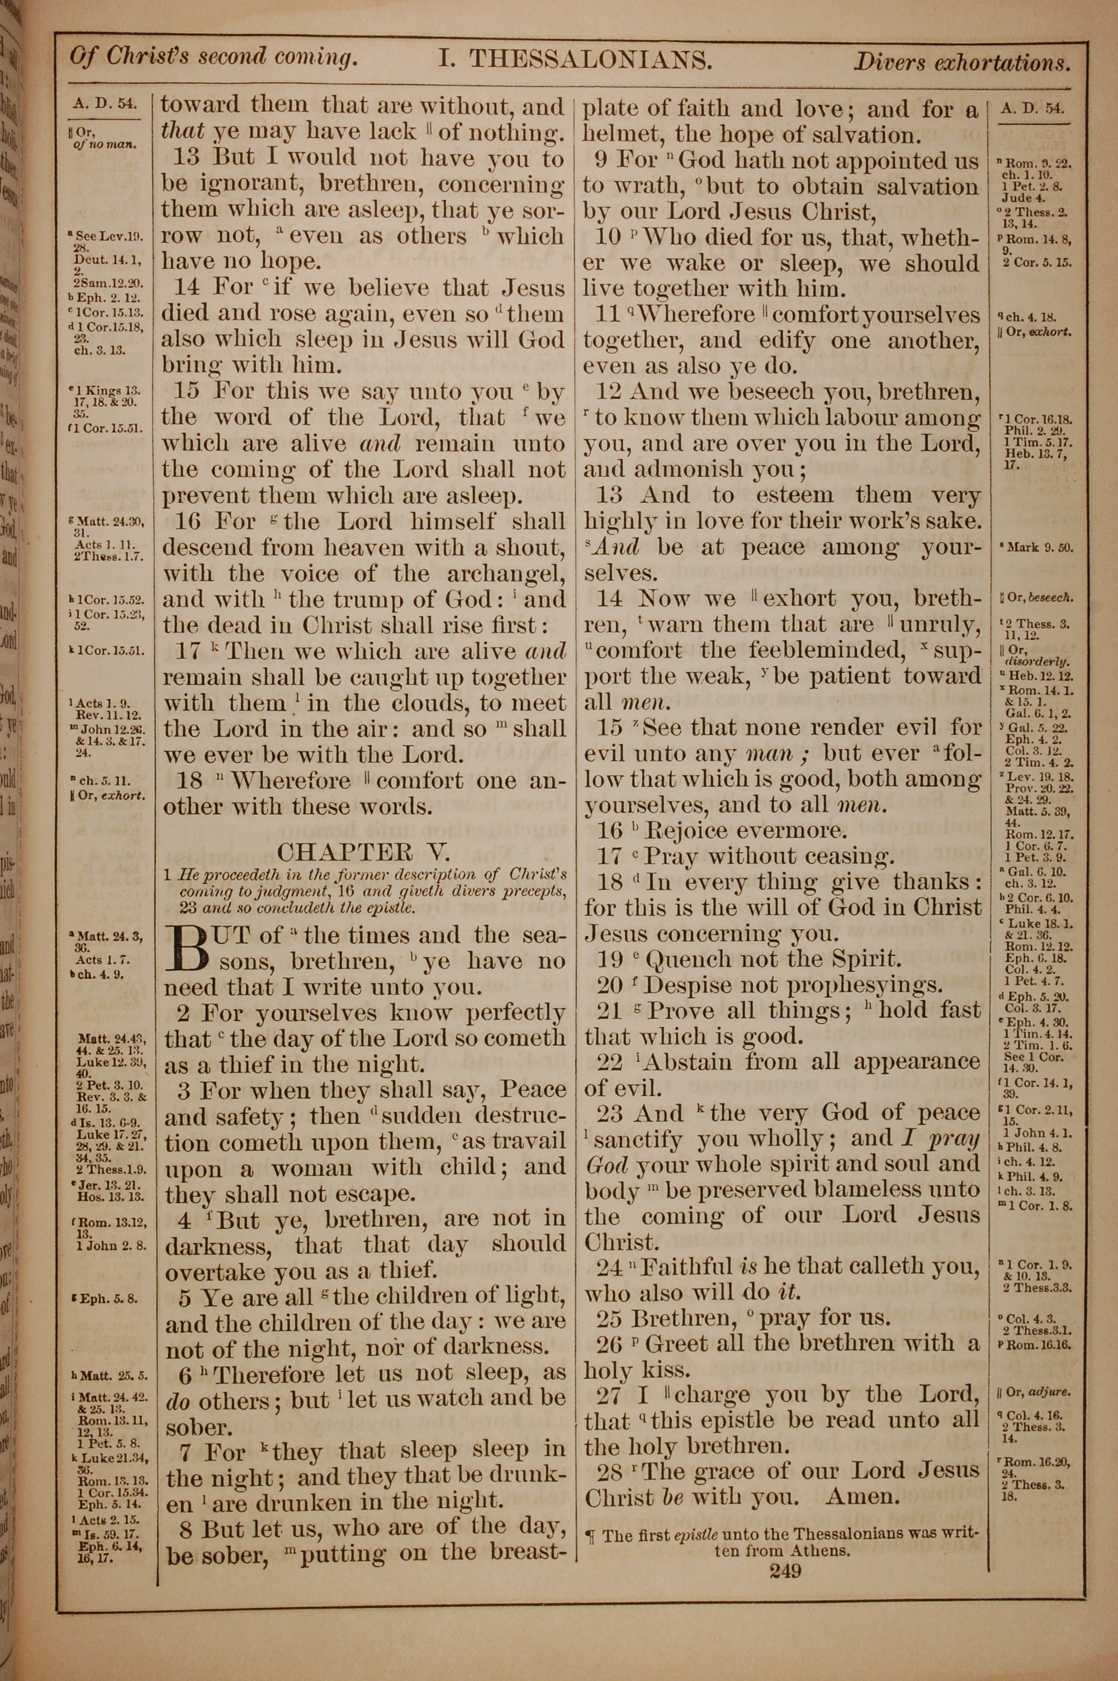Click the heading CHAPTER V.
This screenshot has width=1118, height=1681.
pyautogui.click(x=364, y=852)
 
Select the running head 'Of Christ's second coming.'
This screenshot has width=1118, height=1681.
pyautogui.click(x=213, y=58)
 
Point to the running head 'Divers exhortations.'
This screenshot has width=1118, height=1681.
pyautogui.click(x=962, y=63)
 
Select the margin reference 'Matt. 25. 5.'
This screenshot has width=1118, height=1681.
pyautogui.click(x=111, y=1375)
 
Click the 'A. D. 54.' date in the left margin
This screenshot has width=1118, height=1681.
pyautogui.click(x=104, y=105)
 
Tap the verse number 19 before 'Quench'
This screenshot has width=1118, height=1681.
pyautogui.click(x=610, y=960)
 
